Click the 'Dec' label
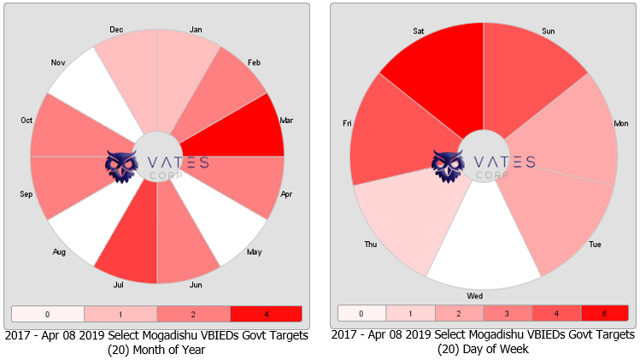click(116, 29)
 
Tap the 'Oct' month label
click(26, 121)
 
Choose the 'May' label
click(278, 251)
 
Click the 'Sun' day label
click(549, 31)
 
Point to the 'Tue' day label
click(595, 245)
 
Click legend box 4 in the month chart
click(266, 314)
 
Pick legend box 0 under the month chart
click(48, 314)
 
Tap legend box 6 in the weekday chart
click(605, 314)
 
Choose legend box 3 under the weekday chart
click(508, 314)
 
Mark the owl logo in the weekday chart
click(448, 166)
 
